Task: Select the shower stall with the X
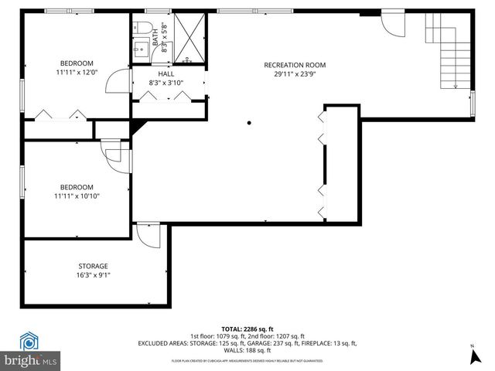(188, 39)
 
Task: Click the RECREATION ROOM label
(295, 65)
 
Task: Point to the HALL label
(166, 73)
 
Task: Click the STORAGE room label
(93, 266)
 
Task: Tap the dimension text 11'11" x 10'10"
(77, 196)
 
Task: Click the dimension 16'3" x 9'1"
(93, 275)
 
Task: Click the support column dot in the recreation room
(249, 122)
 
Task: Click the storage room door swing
(147, 234)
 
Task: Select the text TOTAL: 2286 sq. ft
(247, 328)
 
